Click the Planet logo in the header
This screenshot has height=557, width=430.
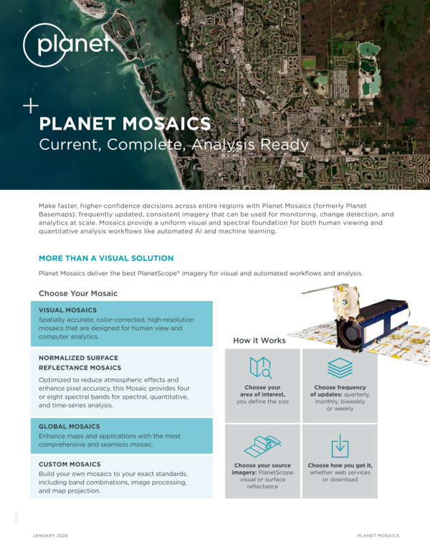click(68, 45)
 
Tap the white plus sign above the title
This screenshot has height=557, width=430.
click(31, 105)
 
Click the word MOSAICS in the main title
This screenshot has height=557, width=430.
click(166, 123)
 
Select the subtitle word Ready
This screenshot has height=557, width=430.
click(285, 145)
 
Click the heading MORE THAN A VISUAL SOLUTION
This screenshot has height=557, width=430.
click(106, 258)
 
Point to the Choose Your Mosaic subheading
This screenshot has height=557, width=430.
click(78, 293)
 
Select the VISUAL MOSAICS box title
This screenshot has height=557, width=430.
click(67, 310)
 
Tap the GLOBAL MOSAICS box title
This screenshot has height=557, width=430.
click(70, 427)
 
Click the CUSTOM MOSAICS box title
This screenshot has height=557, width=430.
click(70, 465)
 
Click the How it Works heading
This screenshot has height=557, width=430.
click(259, 341)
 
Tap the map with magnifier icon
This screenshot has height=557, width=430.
click(261, 368)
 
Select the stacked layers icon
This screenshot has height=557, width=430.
click(340, 368)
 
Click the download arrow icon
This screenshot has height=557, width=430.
click(340, 446)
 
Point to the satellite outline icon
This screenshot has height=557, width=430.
click(262, 447)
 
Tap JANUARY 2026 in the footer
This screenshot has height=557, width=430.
click(50, 535)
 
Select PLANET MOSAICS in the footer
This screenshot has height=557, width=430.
click(378, 535)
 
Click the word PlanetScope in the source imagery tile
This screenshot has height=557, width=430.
click(276, 472)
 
